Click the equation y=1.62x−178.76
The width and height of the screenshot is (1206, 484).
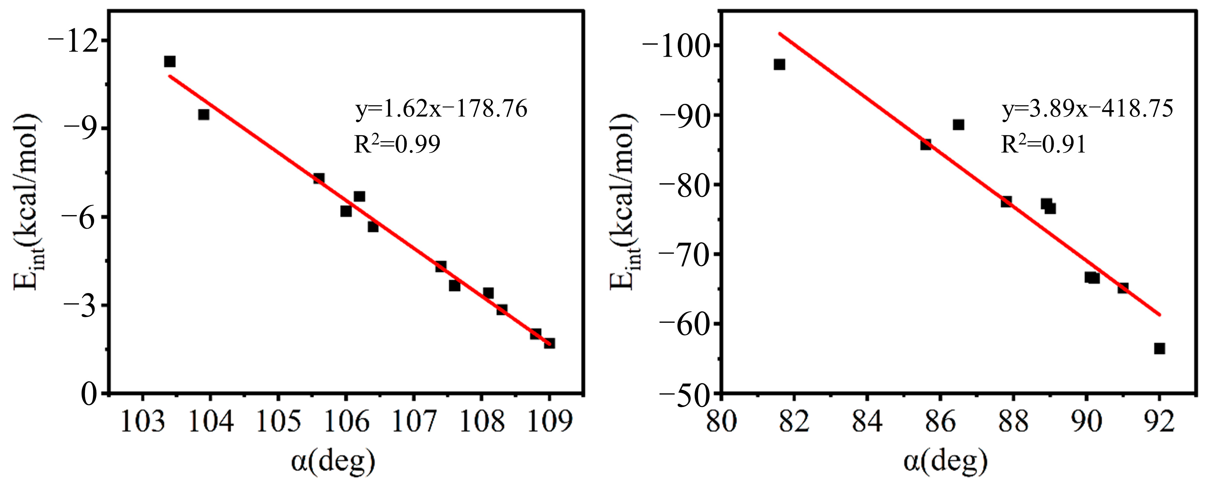441,109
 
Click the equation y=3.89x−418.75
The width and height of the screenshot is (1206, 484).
1087,109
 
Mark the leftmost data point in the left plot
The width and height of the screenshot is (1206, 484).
169,62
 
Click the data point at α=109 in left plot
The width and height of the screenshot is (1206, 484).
549,343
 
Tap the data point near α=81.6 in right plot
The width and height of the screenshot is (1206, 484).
779,65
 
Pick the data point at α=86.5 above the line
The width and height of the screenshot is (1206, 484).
958,124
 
